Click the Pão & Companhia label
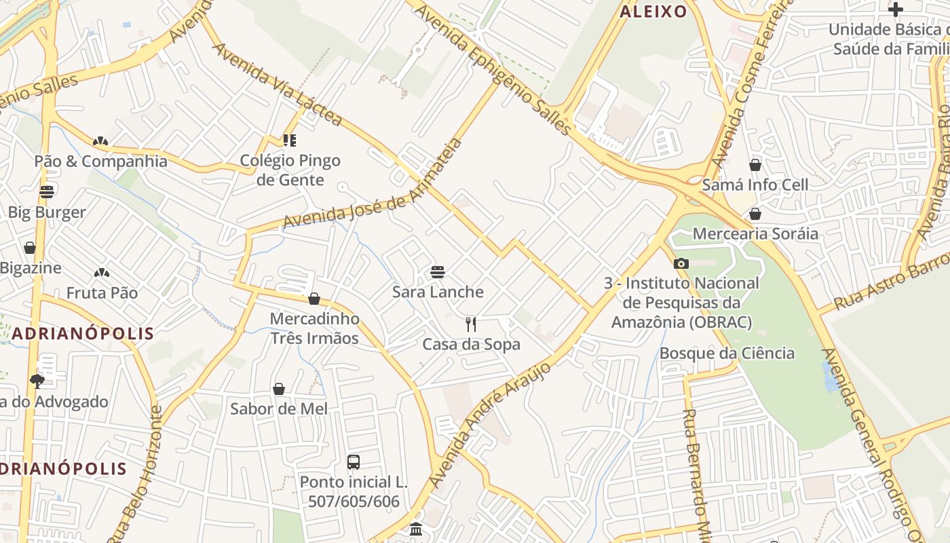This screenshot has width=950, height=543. click(100, 162)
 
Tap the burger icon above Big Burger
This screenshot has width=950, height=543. click(46, 192)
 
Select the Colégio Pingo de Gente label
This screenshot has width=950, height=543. click(290, 170)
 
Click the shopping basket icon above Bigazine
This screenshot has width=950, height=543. click(30, 248)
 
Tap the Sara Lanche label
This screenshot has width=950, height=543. click(438, 292)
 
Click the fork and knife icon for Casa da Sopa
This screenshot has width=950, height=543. click(471, 324)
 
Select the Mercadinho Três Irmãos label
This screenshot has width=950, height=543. click(314, 328)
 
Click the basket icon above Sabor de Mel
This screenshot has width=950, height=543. click(278, 389)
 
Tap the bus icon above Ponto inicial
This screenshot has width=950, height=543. click(353, 462)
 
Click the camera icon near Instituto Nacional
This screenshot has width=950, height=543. click(681, 263)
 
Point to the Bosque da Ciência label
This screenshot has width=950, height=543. click(727, 353)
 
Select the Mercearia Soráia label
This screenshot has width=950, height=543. click(755, 234)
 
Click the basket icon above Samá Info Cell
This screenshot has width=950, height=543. click(755, 165)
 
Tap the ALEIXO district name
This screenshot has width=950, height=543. click(653, 12)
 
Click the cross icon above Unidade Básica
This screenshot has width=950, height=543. click(896, 10)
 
